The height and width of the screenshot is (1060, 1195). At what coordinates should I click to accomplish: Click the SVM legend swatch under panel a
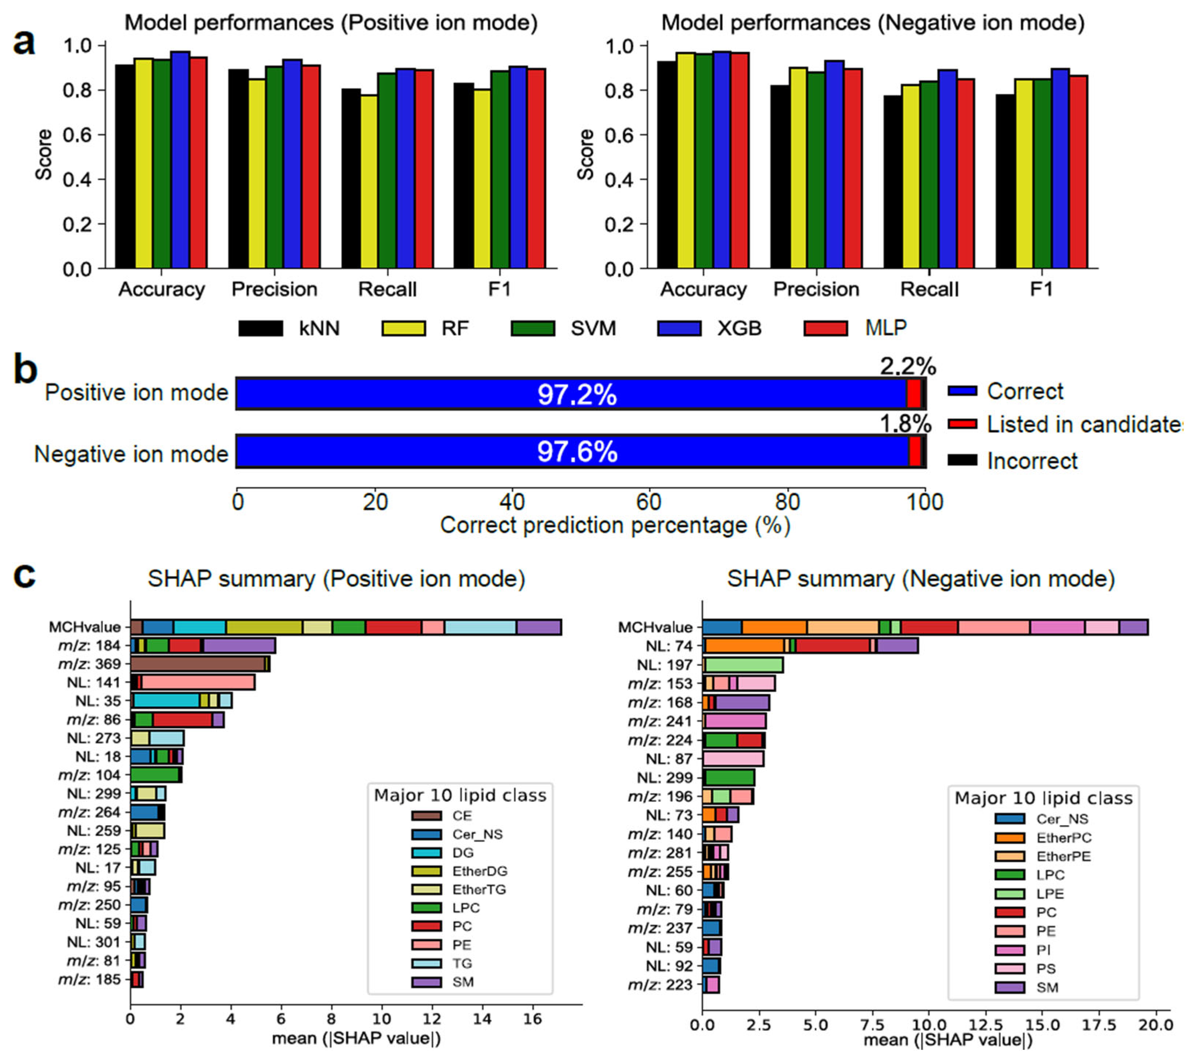pyautogui.click(x=532, y=328)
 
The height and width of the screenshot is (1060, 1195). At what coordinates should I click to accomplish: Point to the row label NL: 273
pyautogui.click(x=94, y=738)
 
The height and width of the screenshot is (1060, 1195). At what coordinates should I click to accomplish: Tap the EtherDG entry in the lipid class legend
pyautogui.click(x=479, y=871)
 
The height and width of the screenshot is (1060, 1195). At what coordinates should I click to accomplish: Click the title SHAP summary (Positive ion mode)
pyautogui.click(x=336, y=579)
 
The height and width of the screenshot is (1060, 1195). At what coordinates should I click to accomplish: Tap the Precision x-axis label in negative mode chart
pyautogui.click(x=816, y=289)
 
